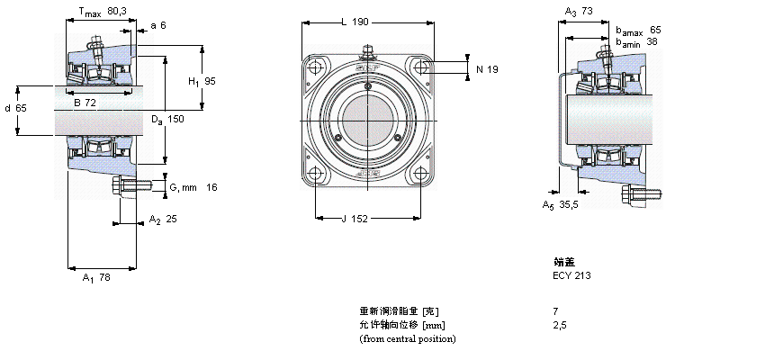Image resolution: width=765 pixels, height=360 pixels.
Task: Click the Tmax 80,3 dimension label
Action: [103, 13]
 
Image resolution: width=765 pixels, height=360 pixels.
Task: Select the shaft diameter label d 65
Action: [15, 108]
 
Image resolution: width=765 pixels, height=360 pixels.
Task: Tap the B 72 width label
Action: [85, 103]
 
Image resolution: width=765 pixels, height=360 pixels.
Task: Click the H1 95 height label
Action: [202, 82]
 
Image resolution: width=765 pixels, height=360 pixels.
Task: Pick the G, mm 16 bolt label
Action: [193, 187]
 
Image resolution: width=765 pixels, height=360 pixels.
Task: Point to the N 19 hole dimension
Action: [486, 69]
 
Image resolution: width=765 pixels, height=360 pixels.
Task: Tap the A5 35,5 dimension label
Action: [561, 205]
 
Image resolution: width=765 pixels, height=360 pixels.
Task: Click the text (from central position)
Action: [408, 338]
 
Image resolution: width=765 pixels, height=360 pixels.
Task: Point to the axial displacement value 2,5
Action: [560, 325]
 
